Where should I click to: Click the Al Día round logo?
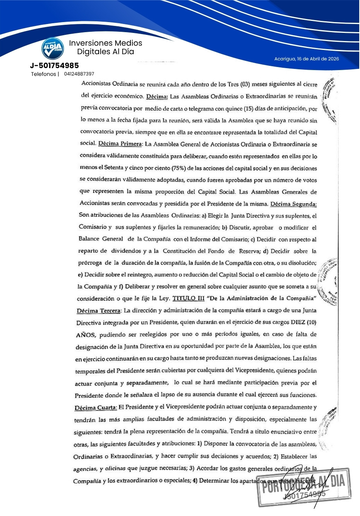tap(53, 48)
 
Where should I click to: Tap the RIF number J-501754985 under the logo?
tap(54, 65)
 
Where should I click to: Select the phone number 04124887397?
tap(79, 74)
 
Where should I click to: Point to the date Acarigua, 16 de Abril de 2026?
tap(307, 59)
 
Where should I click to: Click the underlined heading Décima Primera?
tap(120, 144)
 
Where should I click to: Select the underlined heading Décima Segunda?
tap(293, 204)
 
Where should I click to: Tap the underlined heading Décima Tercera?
tap(99, 310)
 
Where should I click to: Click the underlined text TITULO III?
tap(188, 298)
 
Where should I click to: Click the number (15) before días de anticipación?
tap(249, 109)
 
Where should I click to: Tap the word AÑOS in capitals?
tap(86, 335)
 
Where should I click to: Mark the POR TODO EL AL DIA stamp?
tap(304, 487)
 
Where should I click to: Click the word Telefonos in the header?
tap(44, 74)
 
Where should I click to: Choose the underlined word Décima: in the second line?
tap(157, 96)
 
